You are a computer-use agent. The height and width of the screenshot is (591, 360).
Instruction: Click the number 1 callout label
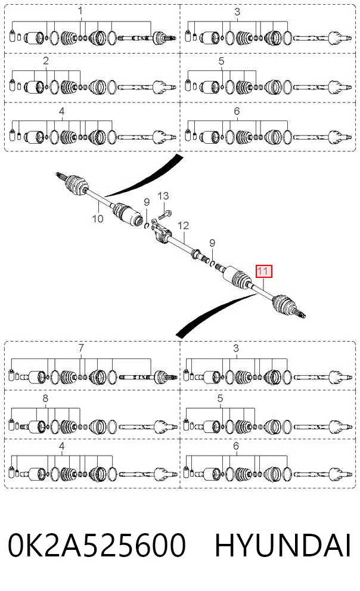80,11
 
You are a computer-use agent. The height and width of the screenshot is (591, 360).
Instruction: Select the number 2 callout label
45,61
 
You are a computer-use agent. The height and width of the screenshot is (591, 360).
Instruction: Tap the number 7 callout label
81,348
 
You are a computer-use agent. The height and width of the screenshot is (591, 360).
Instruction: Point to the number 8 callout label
45,398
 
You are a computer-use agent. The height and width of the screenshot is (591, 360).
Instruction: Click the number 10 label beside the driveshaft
98,219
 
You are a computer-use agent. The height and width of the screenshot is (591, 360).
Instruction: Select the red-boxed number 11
263,271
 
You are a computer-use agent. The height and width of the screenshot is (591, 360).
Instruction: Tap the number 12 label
183,226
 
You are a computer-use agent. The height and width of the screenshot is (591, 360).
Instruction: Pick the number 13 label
163,196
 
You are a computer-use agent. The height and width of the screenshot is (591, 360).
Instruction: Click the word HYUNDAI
283,545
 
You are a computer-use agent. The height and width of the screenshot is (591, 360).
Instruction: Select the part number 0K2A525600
97,545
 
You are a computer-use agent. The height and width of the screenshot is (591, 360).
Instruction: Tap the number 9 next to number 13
147,202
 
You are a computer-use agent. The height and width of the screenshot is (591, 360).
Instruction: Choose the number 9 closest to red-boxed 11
212,243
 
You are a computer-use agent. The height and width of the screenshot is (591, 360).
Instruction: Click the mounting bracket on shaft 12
160,231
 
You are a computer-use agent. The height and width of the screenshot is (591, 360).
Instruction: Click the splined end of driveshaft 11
302,314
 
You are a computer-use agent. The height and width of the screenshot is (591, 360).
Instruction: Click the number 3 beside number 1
237,12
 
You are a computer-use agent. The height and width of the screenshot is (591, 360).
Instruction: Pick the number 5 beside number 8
220,398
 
